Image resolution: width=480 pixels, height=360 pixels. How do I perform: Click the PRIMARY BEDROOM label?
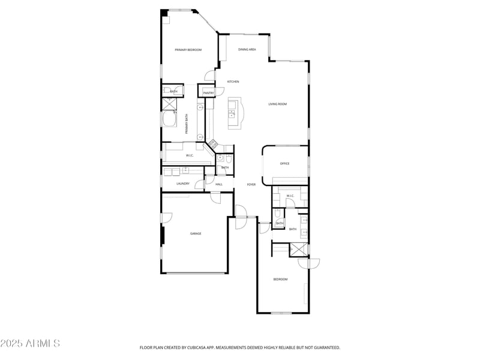(188, 50)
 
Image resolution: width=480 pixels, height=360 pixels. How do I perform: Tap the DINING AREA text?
(247, 49)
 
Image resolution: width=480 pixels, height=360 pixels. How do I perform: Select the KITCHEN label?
(233, 82)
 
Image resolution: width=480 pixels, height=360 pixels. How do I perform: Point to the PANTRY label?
(208, 93)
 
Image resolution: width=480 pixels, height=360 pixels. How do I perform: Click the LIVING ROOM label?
(277, 104)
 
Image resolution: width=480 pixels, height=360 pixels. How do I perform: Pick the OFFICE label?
(285, 163)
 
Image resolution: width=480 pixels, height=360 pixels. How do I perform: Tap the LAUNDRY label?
(183, 184)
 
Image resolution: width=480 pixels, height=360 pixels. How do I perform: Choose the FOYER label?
(251, 184)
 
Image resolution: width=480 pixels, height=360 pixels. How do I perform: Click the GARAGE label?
(196, 233)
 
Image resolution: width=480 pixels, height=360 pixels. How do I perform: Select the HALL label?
(219, 184)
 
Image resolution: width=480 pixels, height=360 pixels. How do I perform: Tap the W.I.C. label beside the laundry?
(190, 156)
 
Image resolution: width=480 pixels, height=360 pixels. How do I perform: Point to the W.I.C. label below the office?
(289, 196)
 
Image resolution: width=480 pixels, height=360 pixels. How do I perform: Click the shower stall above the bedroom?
(298, 250)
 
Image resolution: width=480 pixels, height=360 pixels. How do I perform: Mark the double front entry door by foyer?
(241, 217)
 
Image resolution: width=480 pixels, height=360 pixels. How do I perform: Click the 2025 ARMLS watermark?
(30, 343)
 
